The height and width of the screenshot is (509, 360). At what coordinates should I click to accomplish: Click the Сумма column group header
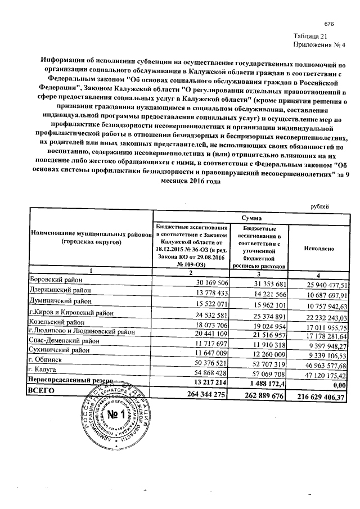click(250, 217)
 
